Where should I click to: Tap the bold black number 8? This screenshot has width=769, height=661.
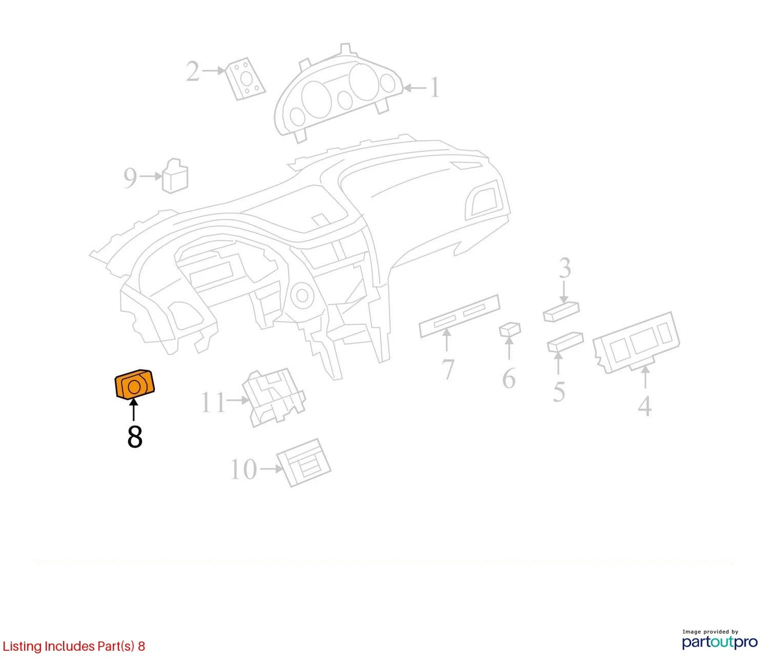[x=135, y=437]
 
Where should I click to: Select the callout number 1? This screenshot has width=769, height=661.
[x=435, y=88]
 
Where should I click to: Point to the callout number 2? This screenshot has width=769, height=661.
[x=193, y=71]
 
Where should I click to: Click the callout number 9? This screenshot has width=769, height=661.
[x=130, y=178]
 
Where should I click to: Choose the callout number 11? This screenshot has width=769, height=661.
[x=213, y=402]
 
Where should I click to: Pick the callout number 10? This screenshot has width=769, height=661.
[x=244, y=469]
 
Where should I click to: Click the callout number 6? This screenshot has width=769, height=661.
[x=509, y=378]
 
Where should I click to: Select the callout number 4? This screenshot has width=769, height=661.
[x=645, y=406]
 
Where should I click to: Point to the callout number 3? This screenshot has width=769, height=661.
[x=565, y=268]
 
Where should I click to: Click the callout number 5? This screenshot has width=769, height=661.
[x=559, y=392]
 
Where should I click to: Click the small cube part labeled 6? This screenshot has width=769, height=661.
[x=510, y=329]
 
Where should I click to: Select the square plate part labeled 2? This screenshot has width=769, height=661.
[x=245, y=79]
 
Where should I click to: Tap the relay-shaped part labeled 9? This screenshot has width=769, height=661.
[x=175, y=176]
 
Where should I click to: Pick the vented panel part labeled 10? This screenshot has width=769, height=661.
[x=303, y=462]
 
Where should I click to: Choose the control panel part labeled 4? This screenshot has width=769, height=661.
[x=636, y=342]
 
